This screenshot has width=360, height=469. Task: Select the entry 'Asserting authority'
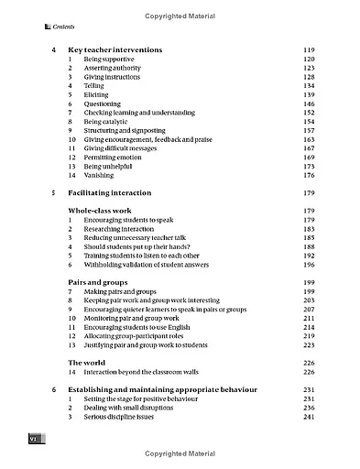click(x=110, y=68)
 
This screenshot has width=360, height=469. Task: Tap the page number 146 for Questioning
click(x=308, y=104)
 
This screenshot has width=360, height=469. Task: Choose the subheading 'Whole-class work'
click(x=102, y=211)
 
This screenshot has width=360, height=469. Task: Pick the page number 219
click(x=308, y=335)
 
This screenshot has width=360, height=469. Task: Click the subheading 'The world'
click(x=88, y=362)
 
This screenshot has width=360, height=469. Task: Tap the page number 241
click(x=308, y=417)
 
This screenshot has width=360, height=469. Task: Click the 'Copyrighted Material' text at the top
click(x=180, y=16)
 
